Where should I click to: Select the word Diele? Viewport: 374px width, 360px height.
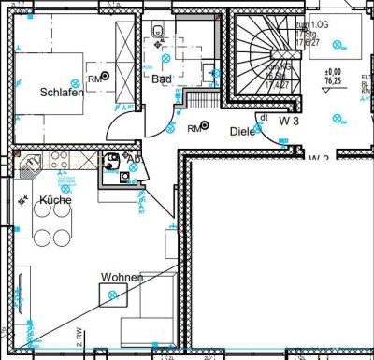tap(243, 132)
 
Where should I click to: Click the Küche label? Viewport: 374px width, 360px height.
tap(55, 200)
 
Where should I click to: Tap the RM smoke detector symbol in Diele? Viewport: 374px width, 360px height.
tap(199, 127)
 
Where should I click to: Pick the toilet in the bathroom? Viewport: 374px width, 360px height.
tap(158, 35)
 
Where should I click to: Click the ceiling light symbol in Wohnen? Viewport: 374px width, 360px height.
tap(114, 295)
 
